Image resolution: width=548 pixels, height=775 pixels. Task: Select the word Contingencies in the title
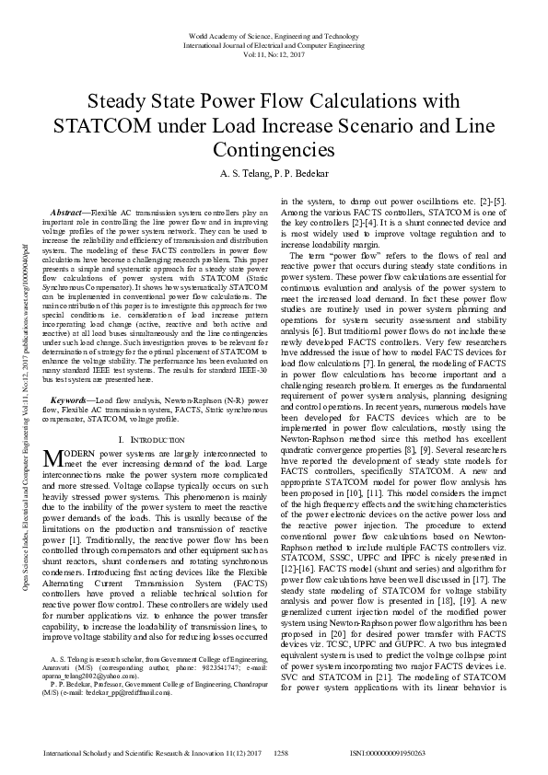coord(274,149)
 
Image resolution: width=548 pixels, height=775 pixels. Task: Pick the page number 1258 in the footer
coord(282,752)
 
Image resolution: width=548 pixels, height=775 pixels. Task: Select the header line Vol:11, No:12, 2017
coord(274,54)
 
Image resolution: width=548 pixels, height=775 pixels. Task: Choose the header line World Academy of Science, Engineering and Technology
coord(274,35)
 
